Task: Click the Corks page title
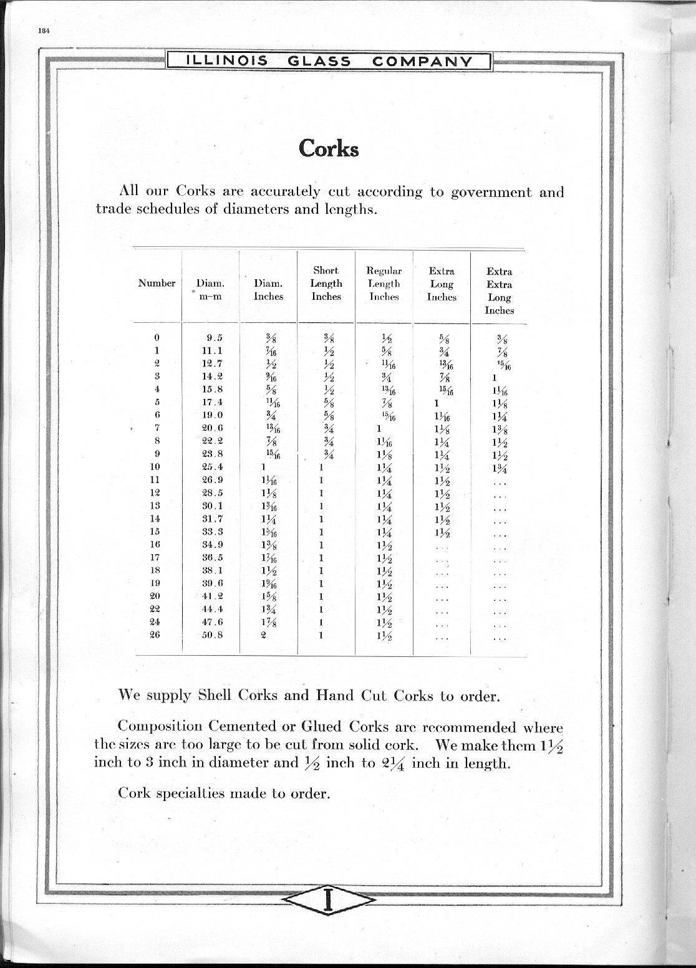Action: (329, 148)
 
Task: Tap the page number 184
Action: (43, 31)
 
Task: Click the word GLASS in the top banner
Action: (319, 61)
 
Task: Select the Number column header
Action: (157, 283)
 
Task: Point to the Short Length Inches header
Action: (326, 284)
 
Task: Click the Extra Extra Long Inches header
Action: (499, 290)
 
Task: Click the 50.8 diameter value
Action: (212, 635)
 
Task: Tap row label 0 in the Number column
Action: (157, 338)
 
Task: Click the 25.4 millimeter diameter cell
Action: (212, 467)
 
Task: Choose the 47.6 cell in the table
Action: (212, 622)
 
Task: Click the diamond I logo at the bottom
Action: (328, 901)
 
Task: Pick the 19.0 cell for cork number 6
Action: (212, 415)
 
